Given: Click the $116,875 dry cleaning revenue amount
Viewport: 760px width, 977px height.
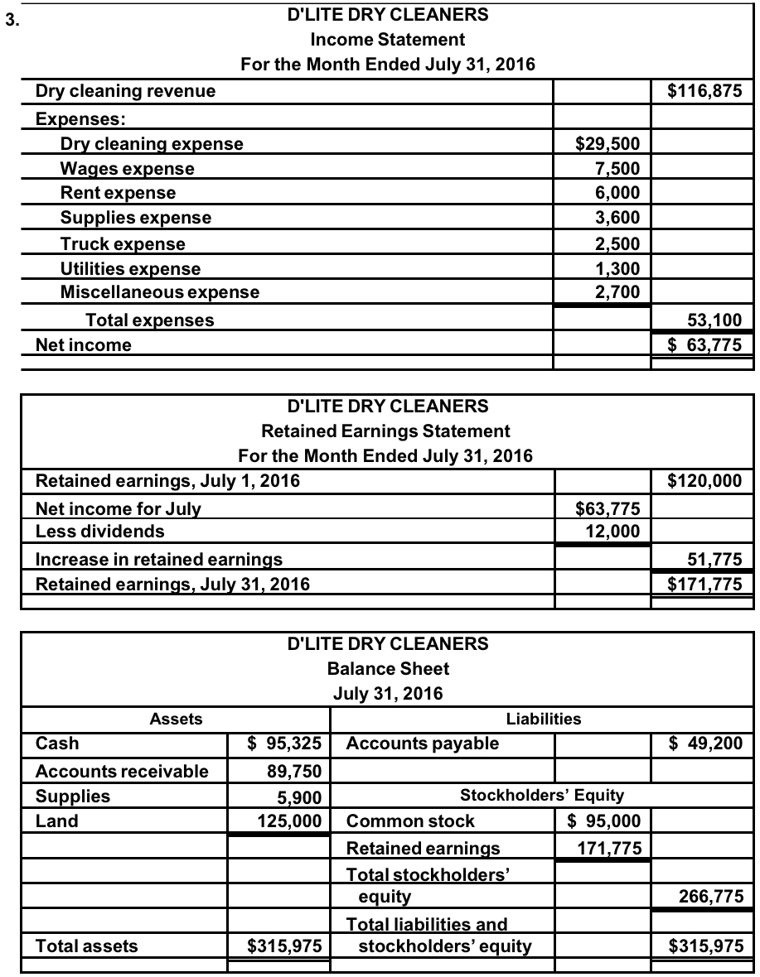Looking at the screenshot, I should (704, 91).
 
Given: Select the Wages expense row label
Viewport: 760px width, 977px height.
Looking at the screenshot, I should (128, 169).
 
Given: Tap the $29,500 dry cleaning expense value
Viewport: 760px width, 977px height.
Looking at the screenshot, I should (607, 144).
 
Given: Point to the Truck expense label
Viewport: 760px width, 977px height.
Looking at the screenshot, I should (123, 244).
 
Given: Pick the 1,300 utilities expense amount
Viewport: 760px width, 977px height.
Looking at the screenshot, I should (617, 268).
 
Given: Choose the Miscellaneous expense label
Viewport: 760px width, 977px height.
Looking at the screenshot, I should (160, 291).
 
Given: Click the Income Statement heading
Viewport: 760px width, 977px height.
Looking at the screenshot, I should (387, 39).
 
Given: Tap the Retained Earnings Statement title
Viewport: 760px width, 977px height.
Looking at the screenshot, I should (385, 431).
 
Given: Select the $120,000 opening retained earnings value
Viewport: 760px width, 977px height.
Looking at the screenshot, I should (704, 480).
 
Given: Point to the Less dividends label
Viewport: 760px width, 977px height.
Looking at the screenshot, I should (99, 531).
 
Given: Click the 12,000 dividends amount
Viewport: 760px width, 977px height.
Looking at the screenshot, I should (612, 531).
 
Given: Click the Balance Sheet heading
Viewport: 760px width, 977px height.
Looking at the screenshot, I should (388, 668).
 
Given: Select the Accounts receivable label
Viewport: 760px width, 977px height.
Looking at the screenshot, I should (122, 772).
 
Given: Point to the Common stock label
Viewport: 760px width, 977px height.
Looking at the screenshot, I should (410, 821).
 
